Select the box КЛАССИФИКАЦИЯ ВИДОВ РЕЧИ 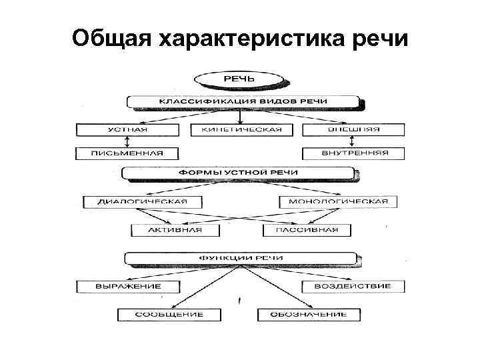tap(243, 102)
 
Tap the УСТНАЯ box tap(128, 129)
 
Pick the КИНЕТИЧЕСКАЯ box tap(241, 129)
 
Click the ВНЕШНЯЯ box tap(354, 129)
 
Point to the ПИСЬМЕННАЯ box tap(128, 153)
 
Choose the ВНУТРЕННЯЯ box tap(354, 153)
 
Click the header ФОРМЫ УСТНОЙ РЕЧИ tap(238, 173)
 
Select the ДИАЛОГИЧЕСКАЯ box tap(143, 201)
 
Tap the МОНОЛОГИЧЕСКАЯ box tap(338, 201)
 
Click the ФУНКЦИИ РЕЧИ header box tap(241, 257)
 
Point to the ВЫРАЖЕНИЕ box tap(128, 287)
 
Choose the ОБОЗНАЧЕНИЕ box tap(309, 314)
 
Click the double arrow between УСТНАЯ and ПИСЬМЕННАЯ tap(128, 141)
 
